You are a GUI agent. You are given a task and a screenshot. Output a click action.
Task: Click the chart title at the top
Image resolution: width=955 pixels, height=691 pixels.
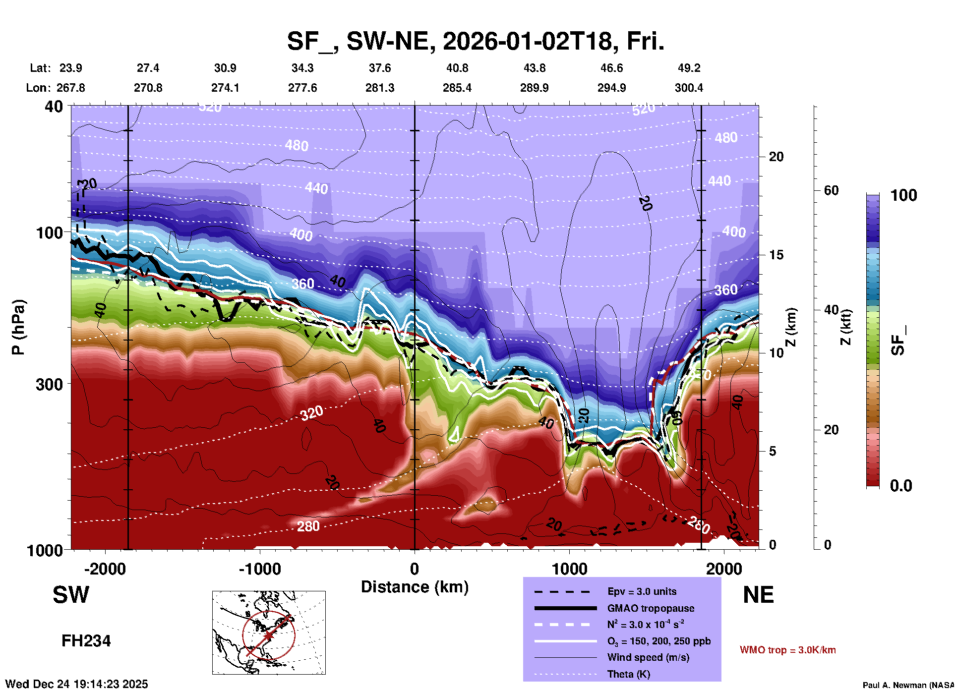[475, 41]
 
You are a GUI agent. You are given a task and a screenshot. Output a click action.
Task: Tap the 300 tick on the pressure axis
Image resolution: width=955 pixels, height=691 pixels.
[50, 384]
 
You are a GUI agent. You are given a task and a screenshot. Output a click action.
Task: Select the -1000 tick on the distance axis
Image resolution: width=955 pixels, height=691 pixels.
[259, 569]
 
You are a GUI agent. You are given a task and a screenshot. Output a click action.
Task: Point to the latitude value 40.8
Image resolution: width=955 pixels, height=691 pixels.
[457, 68]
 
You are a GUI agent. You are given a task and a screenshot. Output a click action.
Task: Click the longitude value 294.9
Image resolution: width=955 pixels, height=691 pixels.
[611, 88]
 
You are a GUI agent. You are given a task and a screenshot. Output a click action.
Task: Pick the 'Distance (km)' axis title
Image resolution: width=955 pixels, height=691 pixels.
[415, 587]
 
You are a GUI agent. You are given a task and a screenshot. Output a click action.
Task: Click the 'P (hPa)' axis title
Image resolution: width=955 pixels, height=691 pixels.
[18, 327]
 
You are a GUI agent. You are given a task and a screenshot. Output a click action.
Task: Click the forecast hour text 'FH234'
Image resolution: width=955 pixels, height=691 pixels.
[86, 641]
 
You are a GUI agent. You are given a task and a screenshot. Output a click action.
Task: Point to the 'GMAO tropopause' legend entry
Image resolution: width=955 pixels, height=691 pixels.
[651, 608]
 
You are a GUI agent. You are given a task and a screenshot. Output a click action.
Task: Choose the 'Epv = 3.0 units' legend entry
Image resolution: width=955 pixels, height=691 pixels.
[642, 591]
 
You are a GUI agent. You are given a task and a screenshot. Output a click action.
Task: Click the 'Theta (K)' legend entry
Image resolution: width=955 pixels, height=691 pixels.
[628, 674]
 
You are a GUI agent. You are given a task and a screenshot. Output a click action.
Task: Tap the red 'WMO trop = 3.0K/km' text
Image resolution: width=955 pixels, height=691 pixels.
[787, 650]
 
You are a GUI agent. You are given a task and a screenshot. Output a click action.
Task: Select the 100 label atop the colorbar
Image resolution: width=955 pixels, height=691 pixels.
[903, 195]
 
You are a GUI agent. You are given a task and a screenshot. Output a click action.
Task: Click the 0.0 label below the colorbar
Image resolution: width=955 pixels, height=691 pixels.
[901, 485]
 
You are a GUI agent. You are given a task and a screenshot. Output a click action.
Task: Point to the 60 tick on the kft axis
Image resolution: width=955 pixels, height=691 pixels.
[831, 190]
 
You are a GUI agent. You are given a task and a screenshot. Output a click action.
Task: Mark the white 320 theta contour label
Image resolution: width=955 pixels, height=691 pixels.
[311, 412]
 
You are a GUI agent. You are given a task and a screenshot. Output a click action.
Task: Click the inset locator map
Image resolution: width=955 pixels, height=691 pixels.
[269, 632]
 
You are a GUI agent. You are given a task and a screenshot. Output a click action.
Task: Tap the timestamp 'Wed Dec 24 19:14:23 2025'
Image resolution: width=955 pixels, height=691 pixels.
[77, 684]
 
